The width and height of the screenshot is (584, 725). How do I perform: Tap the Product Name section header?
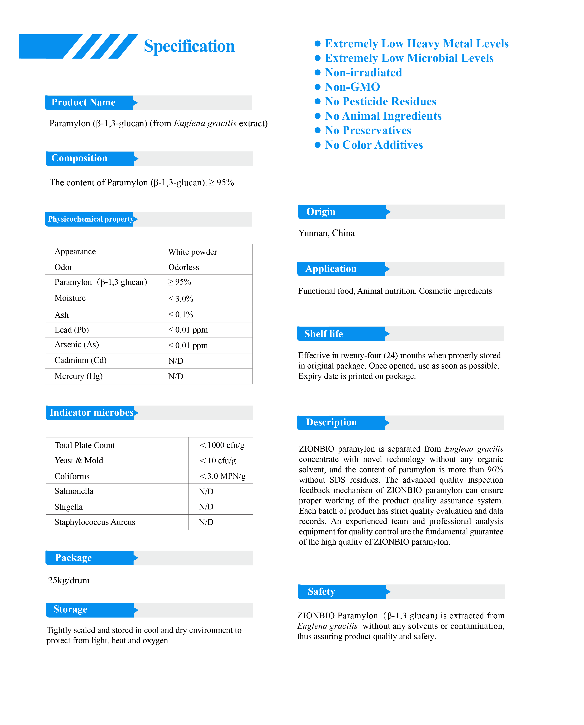[84, 102]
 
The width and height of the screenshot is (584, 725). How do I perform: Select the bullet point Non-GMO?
[352, 87]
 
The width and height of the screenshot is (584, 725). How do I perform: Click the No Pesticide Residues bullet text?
[380, 101]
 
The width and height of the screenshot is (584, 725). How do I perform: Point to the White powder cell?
[192, 252]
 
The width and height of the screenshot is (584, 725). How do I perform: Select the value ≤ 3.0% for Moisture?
[181, 299]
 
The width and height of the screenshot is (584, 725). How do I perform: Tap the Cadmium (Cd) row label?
[80, 360]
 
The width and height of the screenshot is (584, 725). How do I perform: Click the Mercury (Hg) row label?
[78, 376]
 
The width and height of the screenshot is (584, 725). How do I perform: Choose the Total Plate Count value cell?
[222, 445]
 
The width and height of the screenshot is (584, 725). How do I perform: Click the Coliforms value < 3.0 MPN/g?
[222, 476]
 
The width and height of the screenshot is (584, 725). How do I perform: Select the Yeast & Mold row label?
[79, 461]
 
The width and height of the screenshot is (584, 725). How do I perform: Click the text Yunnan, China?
[326, 233]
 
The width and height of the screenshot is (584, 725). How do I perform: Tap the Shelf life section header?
[323, 334]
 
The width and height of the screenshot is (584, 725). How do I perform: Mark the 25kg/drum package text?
[69, 580]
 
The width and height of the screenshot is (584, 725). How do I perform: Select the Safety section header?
[321, 591]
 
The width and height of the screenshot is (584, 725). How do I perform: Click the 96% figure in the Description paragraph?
[495, 470]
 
